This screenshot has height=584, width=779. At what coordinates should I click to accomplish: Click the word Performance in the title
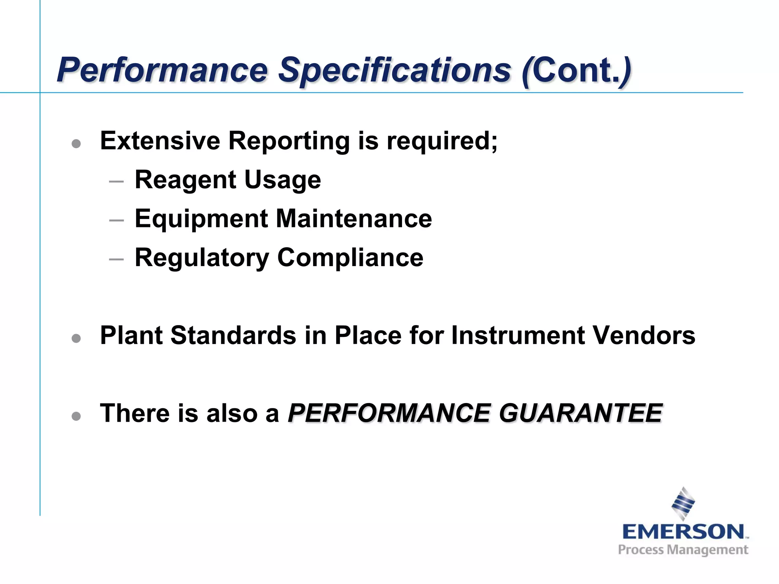[x=163, y=70]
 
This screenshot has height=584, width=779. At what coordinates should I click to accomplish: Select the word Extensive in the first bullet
[x=160, y=141]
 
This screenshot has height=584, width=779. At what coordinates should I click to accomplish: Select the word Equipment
[x=202, y=219]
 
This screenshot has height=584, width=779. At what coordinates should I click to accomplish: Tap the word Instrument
[x=518, y=335]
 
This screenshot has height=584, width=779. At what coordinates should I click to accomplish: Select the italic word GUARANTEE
[x=580, y=413]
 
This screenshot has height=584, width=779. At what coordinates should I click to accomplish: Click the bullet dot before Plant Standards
[x=76, y=338]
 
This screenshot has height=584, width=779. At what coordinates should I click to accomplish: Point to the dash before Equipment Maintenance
[x=116, y=220]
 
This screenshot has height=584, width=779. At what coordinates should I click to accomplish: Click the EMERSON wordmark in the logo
[x=683, y=532]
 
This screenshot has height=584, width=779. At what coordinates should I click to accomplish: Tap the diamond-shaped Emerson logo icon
[x=683, y=503]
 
